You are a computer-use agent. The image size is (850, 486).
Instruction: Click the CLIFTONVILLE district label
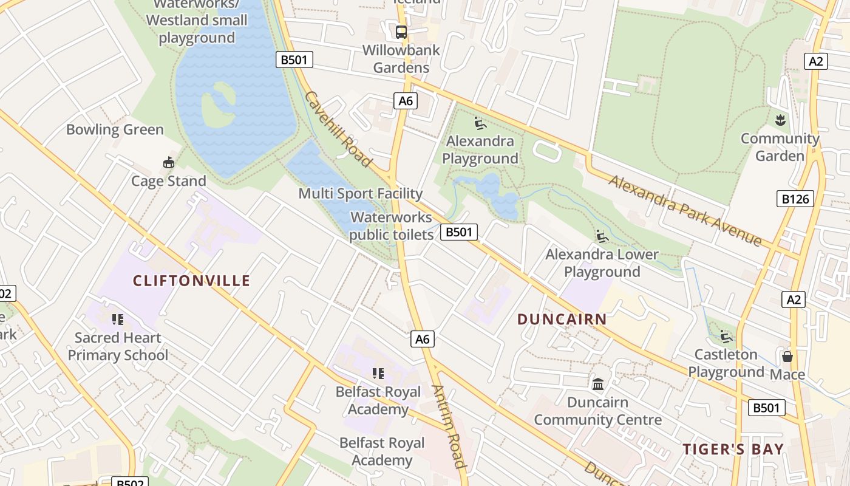(x=191, y=281)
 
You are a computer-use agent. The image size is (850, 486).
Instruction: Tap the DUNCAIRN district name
(x=562, y=320)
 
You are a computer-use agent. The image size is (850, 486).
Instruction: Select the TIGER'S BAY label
(x=733, y=450)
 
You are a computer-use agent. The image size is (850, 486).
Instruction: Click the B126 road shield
(x=795, y=199)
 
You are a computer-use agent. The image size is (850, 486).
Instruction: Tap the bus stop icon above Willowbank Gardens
(x=401, y=32)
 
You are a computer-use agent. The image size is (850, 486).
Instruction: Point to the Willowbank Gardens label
(x=401, y=59)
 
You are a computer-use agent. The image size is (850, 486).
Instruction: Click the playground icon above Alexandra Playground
(x=480, y=123)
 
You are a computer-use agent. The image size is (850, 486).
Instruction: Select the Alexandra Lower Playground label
(x=602, y=263)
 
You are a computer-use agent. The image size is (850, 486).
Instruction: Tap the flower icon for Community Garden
(x=780, y=120)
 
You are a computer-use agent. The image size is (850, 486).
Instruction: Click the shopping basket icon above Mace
(x=787, y=357)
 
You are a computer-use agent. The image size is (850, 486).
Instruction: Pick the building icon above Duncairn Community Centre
(x=598, y=384)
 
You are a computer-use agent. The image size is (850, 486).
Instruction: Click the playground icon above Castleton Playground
(x=726, y=336)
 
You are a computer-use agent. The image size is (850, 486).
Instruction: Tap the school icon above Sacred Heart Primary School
(x=118, y=319)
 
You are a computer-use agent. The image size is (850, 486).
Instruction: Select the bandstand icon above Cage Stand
(x=169, y=163)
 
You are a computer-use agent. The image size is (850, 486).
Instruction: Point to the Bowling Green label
(x=115, y=130)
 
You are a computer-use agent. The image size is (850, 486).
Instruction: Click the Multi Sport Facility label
(x=361, y=194)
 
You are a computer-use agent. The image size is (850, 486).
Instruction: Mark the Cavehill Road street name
(x=338, y=129)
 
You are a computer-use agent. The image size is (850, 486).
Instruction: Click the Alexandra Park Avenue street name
(x=685, y=211)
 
